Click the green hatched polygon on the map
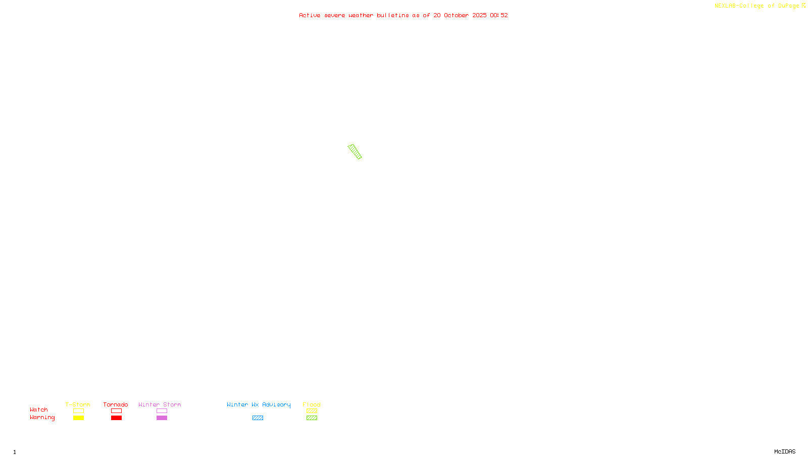[355, 152]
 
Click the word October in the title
[456, 15]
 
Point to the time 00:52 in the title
[499, 15]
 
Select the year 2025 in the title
[480, 15]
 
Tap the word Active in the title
[310, 15]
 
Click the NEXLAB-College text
[739, 6]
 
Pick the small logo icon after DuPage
[803, 6]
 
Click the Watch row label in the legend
[39, 410]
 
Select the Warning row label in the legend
[42, 418]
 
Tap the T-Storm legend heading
[78, 404]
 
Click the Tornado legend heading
[116, 404]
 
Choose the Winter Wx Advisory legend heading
[259, 404]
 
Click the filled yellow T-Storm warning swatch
[78, 418]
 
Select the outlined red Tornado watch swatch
[116, 411]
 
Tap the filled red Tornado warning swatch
[116, 418]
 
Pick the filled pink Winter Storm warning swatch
[162, 418]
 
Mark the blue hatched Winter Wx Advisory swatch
[258, 418]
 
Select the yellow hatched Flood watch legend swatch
[312, 411]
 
